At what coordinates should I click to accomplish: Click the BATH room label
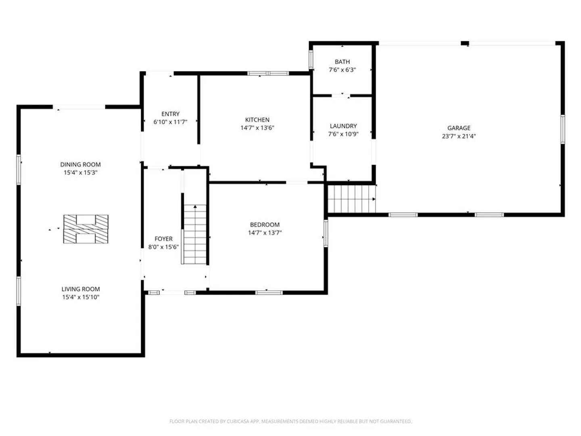tap(342, 62)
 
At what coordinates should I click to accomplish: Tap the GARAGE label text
tap(459, 128)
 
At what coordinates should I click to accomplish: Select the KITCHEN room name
tap(257, 119)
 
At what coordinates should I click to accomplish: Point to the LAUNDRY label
tap(343, 126)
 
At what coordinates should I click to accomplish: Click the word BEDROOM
tap(265, 225)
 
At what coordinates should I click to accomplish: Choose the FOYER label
tap(163, 239)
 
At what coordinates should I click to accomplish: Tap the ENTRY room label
tap(170, 114)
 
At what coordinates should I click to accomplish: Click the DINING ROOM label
tap(80, 164)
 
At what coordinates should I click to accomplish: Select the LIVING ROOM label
tap(81, 289)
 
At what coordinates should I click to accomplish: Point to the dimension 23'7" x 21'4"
tap(459, 136)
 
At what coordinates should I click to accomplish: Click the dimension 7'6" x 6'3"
tap(342, 70)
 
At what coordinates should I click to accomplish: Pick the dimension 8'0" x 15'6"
tap(163, 247)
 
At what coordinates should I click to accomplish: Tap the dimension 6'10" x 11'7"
tap(170, 122)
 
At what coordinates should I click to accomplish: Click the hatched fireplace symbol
tap(86, 229)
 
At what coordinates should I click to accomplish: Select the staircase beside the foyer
tap(195, 234)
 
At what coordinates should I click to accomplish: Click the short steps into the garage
tap(351, 199)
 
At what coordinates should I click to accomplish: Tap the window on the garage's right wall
tap(563, 130)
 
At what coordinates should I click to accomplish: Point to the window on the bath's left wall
tap(311, 60)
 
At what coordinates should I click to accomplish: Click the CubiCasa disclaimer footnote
tap(290, 421)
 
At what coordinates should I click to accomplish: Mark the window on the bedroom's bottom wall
tap(269, 293)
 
